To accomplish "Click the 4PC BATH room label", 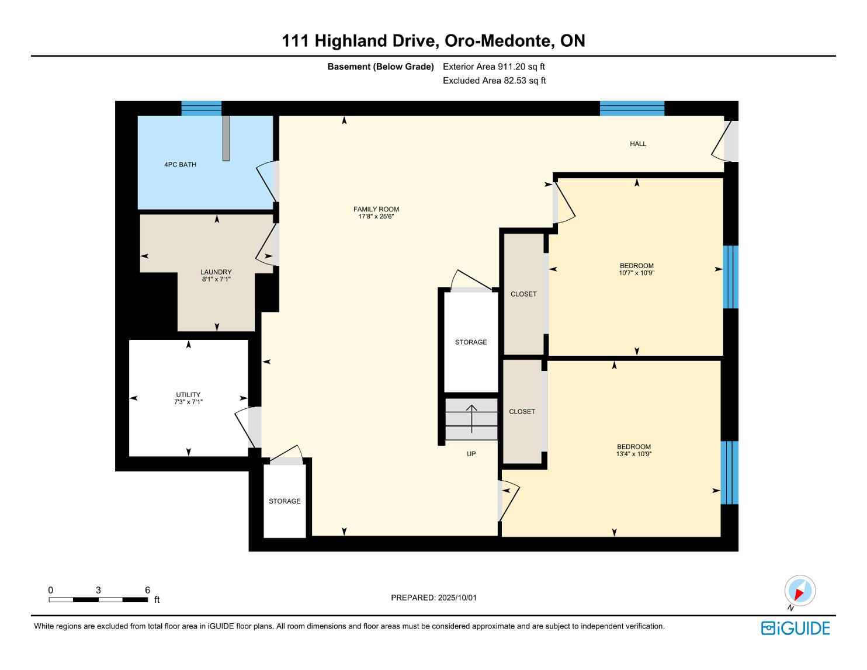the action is click(x=181, y=164).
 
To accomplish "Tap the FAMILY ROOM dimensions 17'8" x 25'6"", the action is click(x=376, y=217).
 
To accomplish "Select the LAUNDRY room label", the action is click(x=216, y=272).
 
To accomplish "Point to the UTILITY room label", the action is click(x=188, y=395).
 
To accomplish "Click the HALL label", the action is click(x=638, y=144).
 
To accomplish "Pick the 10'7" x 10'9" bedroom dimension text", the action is click(x=637, y=273).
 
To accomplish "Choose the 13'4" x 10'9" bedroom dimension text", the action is click(x=633, y=454).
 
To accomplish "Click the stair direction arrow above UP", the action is click(x=471, y=419).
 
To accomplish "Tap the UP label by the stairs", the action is click(x=471, y=454).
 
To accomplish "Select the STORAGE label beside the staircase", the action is click(x=471, y=342).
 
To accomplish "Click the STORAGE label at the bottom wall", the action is click(x=285, y=501).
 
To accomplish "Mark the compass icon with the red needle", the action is click(x=800, y=591).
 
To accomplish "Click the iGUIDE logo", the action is click(x=795, y=628).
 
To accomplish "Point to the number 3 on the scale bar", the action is click(x=98, y=590).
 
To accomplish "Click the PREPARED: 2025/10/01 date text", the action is click(x=434, y=598).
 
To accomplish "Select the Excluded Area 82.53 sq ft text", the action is click(x=494, y=81).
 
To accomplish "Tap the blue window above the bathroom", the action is click(x=202, y=109).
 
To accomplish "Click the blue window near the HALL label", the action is click(x=632, y=109).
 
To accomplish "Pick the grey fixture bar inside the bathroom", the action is click(x=226, y=138).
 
